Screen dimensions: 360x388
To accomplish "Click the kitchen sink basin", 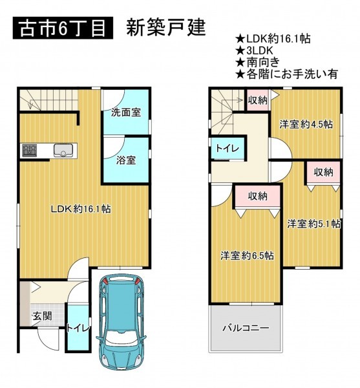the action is point(63,150).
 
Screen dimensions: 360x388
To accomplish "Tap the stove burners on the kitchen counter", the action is point(30,151).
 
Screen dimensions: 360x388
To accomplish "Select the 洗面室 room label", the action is point(126,113).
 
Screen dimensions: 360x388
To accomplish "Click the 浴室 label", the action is point(126,160).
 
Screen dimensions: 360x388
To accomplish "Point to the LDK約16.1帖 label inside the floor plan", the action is point(81,210).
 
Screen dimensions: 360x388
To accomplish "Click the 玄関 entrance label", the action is point(42,316).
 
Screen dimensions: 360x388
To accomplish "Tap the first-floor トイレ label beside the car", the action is point(78,329).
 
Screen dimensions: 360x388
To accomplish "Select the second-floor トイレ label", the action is point(228,149).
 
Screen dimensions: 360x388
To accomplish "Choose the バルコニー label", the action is point(246,329).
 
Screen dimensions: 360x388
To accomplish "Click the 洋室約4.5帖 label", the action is point(306,124).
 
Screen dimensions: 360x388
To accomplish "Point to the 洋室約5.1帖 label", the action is point(313,224).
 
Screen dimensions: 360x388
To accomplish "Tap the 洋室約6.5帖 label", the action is point(248,255).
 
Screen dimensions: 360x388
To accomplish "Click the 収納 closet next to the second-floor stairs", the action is point(258,100).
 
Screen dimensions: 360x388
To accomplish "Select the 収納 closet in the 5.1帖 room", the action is point(323,173).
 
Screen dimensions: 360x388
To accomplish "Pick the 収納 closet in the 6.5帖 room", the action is point(258,197).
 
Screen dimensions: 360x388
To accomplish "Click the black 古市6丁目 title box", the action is point(63,28).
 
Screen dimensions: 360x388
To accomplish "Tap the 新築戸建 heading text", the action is point(166,28).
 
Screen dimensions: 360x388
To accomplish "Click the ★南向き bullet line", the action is point(258,62).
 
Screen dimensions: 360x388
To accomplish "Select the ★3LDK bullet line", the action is point(254,50).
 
